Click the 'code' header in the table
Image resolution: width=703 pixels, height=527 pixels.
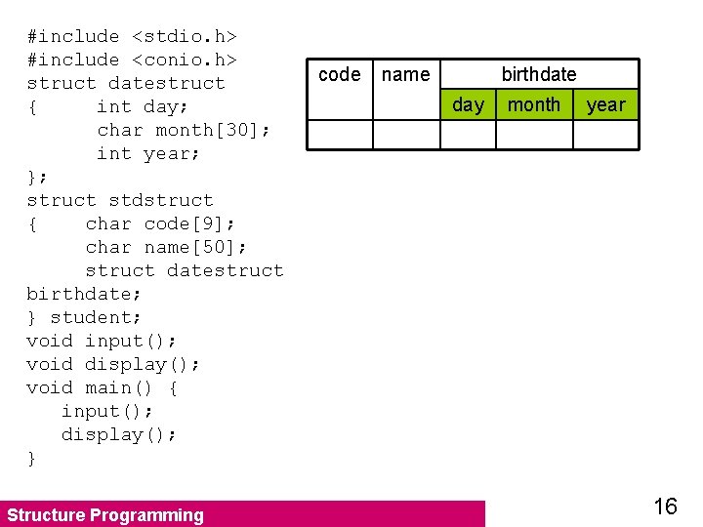(340, 75)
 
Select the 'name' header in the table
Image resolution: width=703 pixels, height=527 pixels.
(405, 75)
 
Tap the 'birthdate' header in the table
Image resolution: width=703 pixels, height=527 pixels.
(539, 75)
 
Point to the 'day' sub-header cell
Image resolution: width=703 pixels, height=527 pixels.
(469, 105)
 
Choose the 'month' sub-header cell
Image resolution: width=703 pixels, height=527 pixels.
(534, 105)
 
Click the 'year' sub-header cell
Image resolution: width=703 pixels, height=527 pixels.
(605, 105)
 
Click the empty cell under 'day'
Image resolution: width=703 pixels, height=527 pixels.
(469, 135)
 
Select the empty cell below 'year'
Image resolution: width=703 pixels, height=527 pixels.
(605, 135)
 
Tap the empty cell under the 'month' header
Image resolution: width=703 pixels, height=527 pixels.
(534, 135)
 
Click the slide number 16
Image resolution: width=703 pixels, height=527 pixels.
(665, 506)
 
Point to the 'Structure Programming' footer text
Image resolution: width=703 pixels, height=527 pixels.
(105, 515)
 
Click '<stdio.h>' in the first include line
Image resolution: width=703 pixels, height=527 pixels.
(185, 37)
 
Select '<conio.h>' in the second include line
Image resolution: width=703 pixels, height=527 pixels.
(185, 61)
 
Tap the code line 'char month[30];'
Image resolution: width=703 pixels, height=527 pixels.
(185, 131)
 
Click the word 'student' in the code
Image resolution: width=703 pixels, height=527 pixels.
(96, 318)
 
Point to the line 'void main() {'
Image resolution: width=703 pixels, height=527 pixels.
(103, 388)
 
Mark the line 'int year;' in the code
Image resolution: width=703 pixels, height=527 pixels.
(148, 154)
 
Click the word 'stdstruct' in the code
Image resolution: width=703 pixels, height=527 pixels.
(161, 201)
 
